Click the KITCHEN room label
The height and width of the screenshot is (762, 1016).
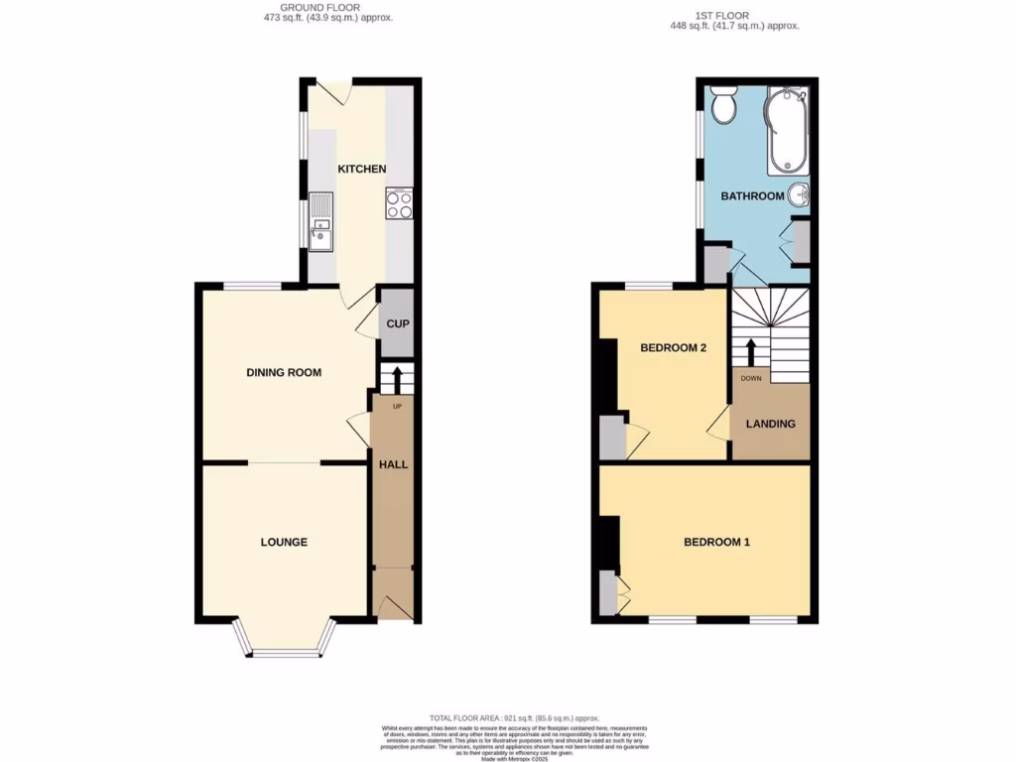pyautogui.click(x=362, y=169)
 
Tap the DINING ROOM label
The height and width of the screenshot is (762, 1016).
pyautogui.click(x=284, y=373)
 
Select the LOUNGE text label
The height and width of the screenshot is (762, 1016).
pyautogui.click(x=284, y=542)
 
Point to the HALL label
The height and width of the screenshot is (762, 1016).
pyautogui.click(x=393, y=463)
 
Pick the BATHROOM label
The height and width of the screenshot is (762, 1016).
pyautogui.click(x=752, y=196)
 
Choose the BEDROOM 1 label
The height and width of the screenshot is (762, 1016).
pyautogui.click(x=716, y=542)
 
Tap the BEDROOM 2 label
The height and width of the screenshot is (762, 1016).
pyautogui.click(x=673, y=347)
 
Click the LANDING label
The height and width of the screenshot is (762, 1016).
pyautogui.click(x=771, y=424)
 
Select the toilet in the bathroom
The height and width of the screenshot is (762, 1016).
pyautogui.click(x=722, y=105)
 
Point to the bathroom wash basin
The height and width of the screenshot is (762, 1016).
pyautogui.click(x=800, y=195)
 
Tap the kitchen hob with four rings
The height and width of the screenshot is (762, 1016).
pyautogui.click(x=399, y=203)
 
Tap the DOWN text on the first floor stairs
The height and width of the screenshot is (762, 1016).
pyautogui.click(x=750, y=379)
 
